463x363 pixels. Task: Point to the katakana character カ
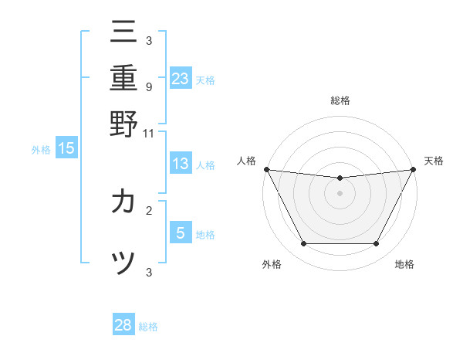(123, 202)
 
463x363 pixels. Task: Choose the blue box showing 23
(181, 78)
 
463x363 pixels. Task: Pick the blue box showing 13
(181, 164)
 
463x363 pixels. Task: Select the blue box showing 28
(123, 325)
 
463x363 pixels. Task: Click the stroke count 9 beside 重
(148, 87)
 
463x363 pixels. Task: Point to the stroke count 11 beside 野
(148, 133)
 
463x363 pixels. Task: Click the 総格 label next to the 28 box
(149, 327)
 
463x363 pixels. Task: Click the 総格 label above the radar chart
(340, 100)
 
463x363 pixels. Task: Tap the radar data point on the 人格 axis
(266, 169)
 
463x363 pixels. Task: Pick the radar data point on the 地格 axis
(377, 244)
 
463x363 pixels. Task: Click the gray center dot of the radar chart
(340, 193)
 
